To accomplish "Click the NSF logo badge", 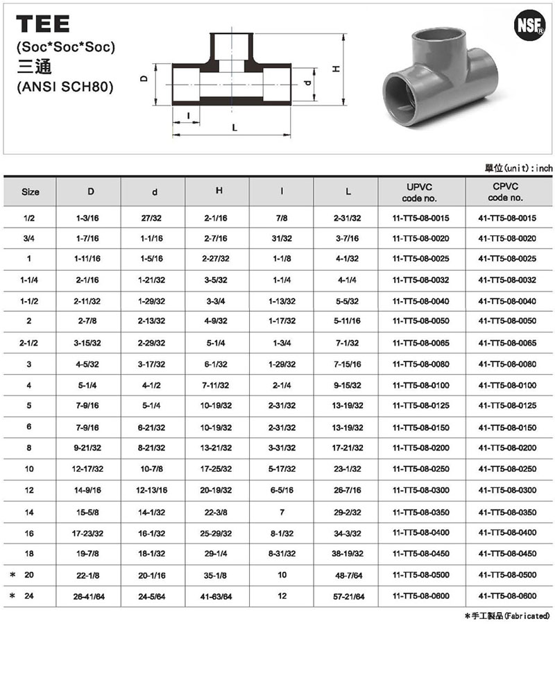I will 527,26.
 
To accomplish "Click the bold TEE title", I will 42,26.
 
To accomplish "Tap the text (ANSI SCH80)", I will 63,87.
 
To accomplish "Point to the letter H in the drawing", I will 334,69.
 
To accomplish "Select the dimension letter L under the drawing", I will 234,128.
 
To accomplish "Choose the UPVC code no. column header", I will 420,192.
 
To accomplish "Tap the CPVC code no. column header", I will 507,192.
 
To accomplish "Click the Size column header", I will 31,192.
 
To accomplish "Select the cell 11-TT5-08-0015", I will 420,218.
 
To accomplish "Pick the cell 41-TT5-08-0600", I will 507,596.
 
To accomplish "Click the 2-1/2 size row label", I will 30,344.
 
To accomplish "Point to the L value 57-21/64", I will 348,596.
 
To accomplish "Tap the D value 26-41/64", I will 89,596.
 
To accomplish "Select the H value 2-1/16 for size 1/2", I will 218,218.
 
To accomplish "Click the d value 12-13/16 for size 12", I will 153,491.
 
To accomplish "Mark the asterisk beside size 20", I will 12,575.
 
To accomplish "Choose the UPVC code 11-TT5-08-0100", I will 420,385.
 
